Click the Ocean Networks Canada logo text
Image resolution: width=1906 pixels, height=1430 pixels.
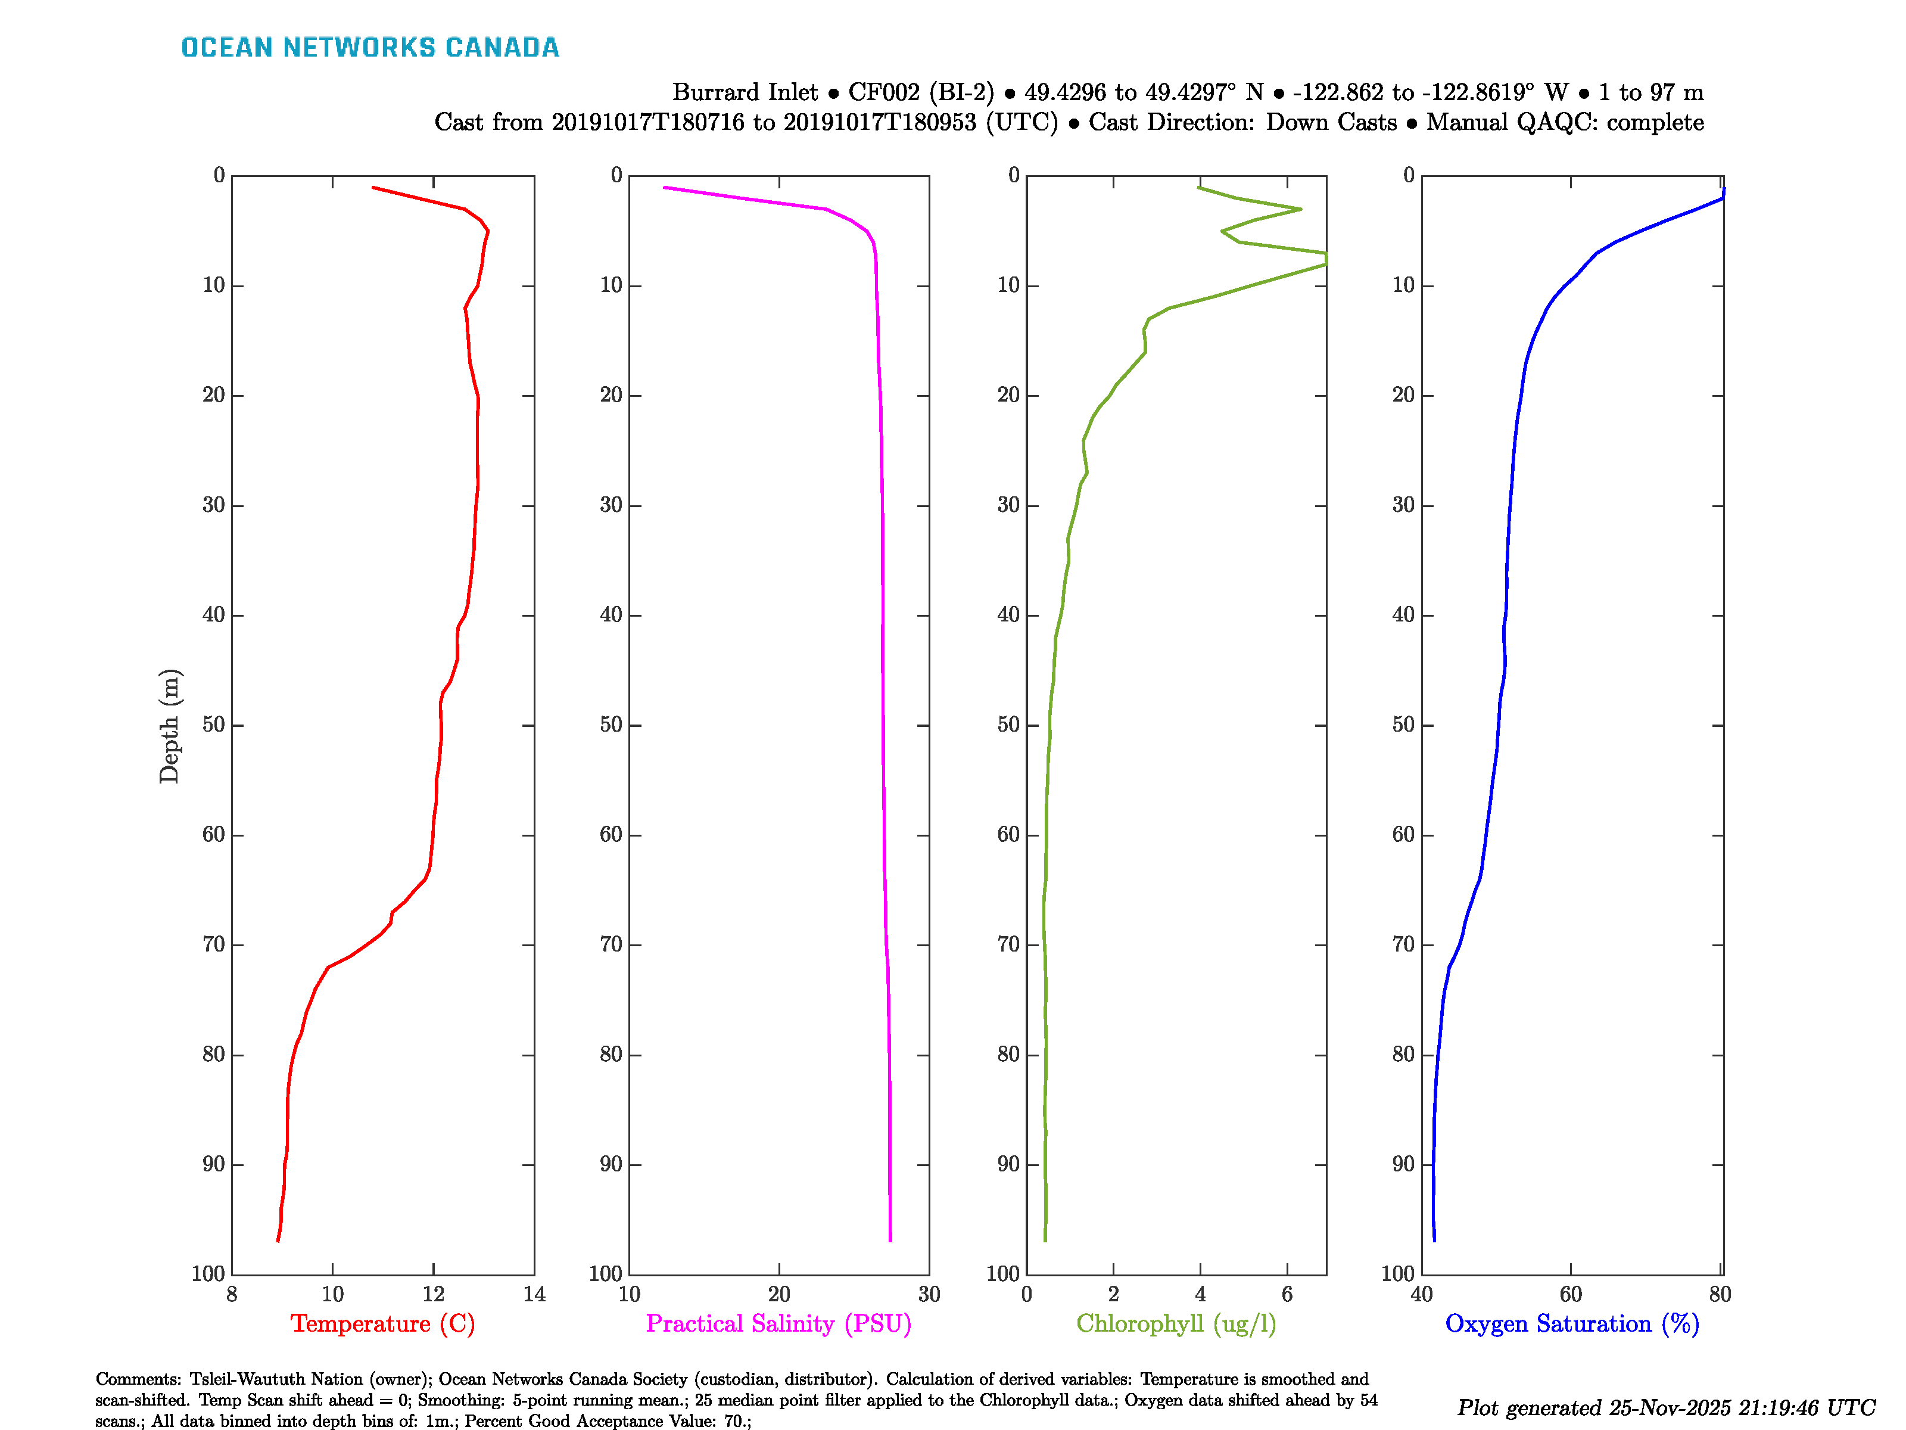(370, 48)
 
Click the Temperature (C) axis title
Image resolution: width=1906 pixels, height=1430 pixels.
(382, 1323)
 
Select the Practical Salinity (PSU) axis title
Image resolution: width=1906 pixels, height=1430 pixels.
(778, 1323)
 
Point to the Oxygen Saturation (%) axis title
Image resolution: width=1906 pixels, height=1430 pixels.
(1572, 1323)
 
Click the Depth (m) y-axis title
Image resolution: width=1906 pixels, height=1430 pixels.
(169, 726)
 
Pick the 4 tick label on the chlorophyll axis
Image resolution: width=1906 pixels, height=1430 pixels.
(1200, 1294)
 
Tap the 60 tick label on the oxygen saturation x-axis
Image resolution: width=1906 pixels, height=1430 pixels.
(1570, 1294)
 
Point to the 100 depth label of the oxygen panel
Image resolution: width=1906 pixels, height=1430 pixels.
(1397, 1274)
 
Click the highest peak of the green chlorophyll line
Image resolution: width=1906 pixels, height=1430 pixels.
(1325, 259)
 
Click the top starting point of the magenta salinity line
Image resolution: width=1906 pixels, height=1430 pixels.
(664, 187)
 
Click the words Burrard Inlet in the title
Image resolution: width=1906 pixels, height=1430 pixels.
(745, 92)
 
